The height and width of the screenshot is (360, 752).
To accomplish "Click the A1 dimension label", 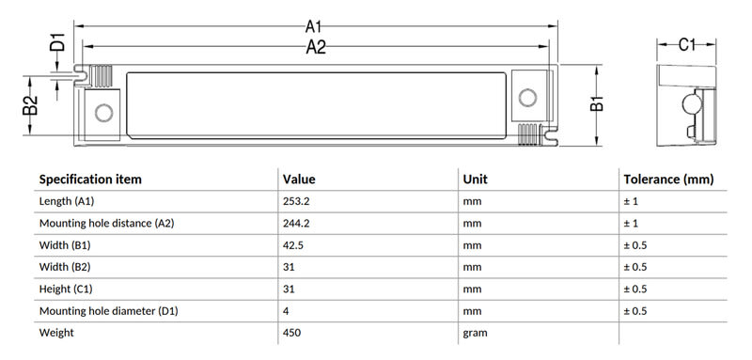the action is pyautogui.click(x=313, y=26).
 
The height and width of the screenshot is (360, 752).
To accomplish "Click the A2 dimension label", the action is pyautogui.click(x=316, y=47).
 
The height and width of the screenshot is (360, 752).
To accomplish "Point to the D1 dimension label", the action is pyautogui.click(x=57, y=41).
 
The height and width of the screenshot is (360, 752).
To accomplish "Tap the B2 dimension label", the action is pyautogui.click(x=30, y=105).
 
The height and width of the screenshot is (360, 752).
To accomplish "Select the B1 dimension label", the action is pyautogui.click(x=597, y=103).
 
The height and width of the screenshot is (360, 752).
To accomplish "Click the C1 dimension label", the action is pyautogui.click(x=687, y=44).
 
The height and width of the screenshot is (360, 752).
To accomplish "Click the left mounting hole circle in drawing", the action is pyautogui.click(x=103, y=113).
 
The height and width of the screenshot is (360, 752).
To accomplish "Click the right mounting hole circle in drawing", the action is pyautogui.click(x=527, y=98).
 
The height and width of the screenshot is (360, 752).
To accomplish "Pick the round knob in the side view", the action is pyautogui.click(x=692, y=104).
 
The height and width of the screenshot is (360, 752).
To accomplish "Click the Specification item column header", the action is pyautogui.click(x=90, y=180).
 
